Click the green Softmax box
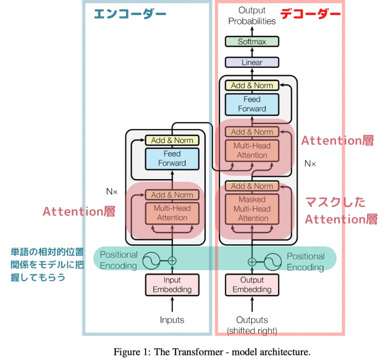252,42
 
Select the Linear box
252,62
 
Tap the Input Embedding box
172,284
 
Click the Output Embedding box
252,284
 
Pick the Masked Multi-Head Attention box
252,209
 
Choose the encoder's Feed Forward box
172,158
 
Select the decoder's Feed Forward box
252,104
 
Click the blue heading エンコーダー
130,14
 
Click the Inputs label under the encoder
172,320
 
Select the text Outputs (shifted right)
252,325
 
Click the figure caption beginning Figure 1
212,352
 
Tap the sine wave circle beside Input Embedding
151,261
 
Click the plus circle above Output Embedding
252,262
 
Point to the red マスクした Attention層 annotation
341,211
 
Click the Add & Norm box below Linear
252,85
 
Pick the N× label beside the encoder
112,191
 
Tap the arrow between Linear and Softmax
252,51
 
